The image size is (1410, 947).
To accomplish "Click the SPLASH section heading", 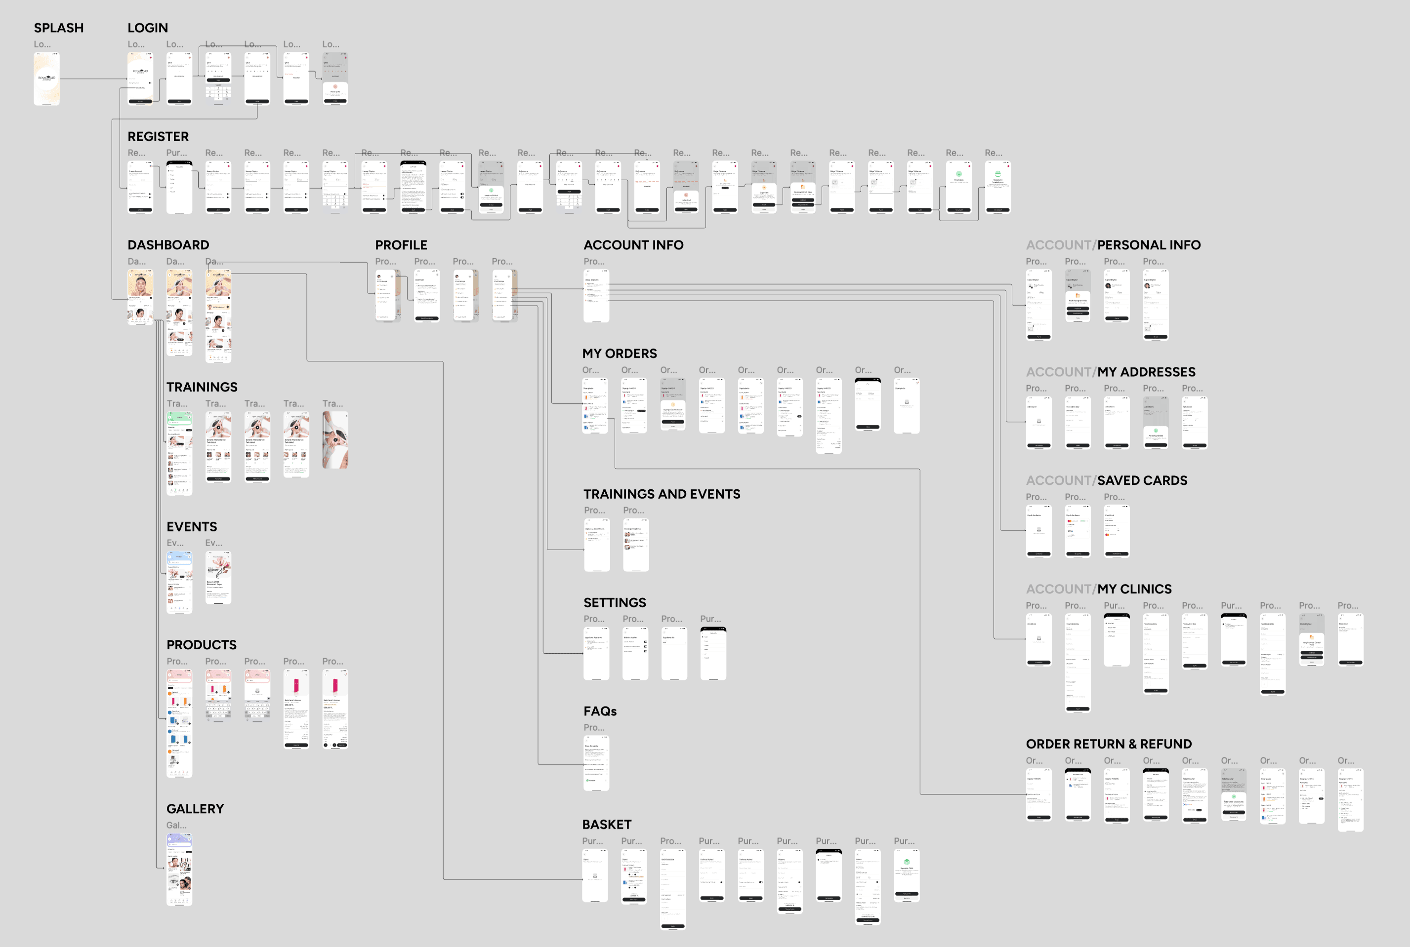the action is coord(59,28).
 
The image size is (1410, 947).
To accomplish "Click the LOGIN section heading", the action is coord(147,28).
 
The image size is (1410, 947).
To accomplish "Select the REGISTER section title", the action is coord(158,136).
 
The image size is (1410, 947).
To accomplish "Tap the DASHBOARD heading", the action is coord(168,244).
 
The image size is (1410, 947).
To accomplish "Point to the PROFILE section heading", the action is coord(401,244).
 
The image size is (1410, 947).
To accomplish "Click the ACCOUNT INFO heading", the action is coord(633,244).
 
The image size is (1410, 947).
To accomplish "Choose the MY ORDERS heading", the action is coord(619,354).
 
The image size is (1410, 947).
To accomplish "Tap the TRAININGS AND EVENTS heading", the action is coord(661,494).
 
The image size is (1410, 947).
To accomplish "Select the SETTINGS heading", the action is coord(614,602).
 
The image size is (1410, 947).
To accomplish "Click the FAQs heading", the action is coord(600,711).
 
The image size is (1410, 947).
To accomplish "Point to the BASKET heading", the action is coord(606,825).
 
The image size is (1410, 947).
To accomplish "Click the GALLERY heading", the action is coord(195,809).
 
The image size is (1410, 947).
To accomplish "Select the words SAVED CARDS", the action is coord(1142,480).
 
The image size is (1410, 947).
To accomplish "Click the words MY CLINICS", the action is coord(1134,589).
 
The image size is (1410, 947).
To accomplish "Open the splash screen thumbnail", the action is coord(46,79).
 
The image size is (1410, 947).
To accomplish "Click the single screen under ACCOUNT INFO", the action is coord(596,296).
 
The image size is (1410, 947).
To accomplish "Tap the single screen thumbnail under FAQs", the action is coord(596,763).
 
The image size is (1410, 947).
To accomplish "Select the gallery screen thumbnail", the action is coord(179,869).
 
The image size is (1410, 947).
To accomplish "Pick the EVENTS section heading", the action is coord(192,527).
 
